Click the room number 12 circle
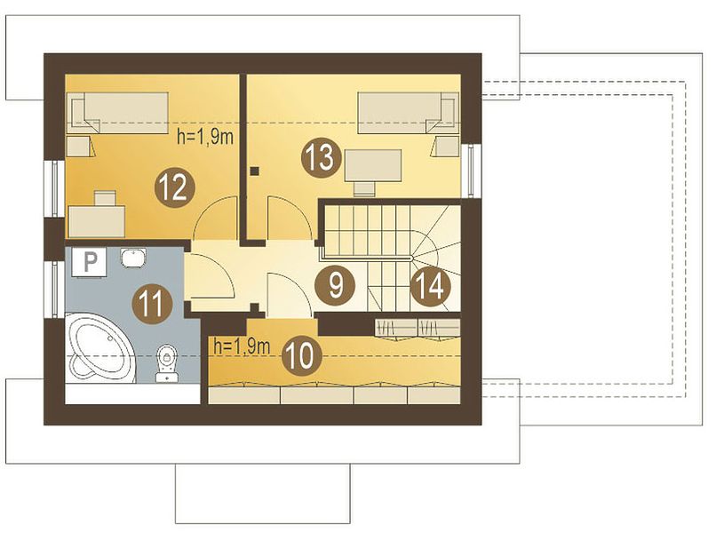pos(174,187)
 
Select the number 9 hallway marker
pos(335,285)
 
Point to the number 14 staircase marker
pos(431,287)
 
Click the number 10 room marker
pos(301,354)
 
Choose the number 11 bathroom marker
pos(151,303)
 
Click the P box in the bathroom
pos(90,262)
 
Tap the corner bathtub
pos(101,348)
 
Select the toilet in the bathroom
pos(168,362)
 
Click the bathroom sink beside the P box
pos(133,257)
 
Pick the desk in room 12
pos(97,221)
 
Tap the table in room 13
pos(373,165)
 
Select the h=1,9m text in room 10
pos(242,346)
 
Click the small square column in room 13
pos(255,171)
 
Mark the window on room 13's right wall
pos(471,171)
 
